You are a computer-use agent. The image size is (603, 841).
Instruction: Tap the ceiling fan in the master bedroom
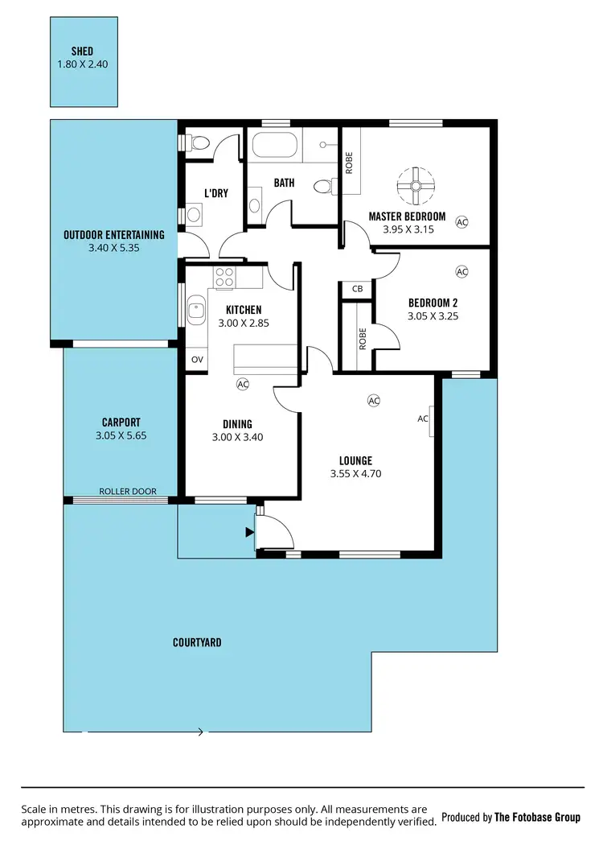[x=416, y=186]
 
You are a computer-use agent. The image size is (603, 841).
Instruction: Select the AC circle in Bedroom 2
[x=461, y=272]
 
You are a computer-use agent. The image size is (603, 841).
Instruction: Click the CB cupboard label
[x=357, y=289]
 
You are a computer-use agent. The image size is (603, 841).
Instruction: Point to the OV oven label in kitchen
[x=196, y=360]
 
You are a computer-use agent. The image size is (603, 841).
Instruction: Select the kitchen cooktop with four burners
[x=224, y=278]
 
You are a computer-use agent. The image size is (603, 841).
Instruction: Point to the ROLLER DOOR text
[x=127, y=491]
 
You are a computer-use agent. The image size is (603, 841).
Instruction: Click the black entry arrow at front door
[x=248, y=530]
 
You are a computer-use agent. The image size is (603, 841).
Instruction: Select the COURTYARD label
[x=197, y=642]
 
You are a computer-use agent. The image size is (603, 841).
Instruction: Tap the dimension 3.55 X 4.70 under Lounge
[x=355, y=474]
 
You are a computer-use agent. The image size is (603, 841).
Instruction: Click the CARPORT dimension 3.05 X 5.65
[x=121, y=435]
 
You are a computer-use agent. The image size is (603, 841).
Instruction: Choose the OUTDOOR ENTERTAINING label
[x=113, y=235]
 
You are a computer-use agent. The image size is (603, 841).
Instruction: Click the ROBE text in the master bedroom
[x=349, y=163]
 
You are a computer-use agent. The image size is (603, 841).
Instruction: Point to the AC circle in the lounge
[x=373, y=400]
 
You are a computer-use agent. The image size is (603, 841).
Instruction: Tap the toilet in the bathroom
[x=324, y=186]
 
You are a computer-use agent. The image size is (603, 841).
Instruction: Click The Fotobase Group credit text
[x=536, y=817]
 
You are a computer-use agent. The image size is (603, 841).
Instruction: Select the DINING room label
[x=237, y=424]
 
